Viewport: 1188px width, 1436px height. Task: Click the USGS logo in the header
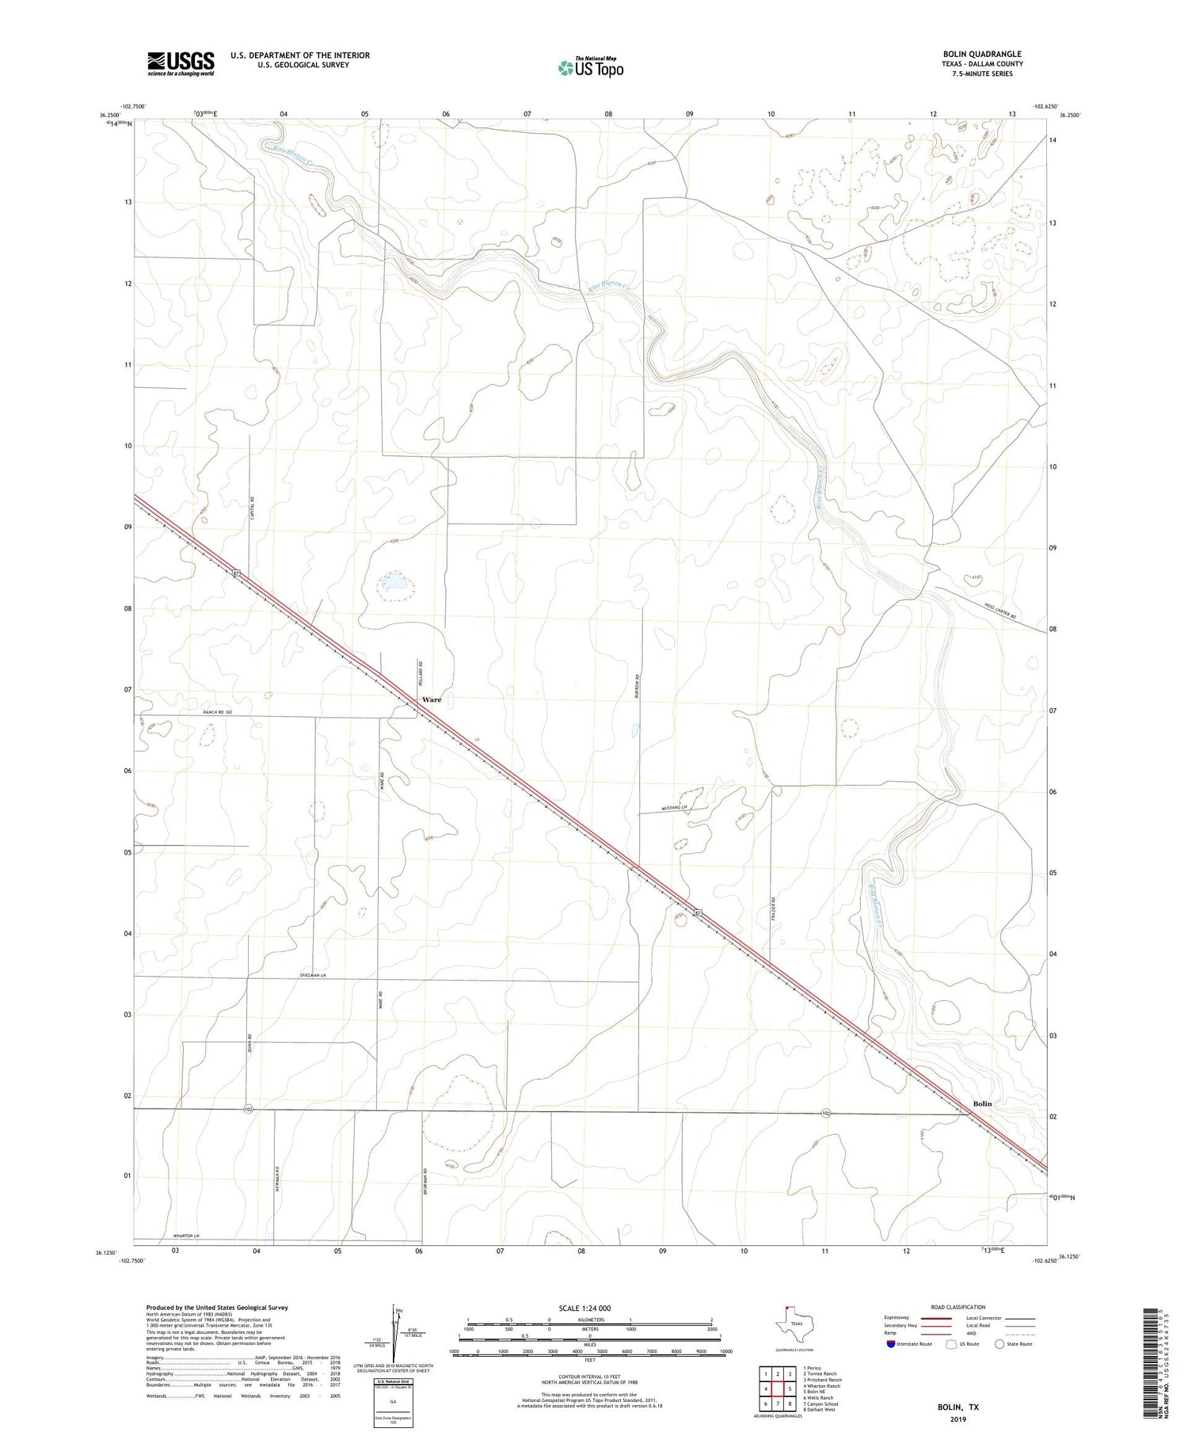click(181, 63)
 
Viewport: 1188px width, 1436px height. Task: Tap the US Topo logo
click(590, 68)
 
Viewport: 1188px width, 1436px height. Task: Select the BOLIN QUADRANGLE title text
click(981, 54)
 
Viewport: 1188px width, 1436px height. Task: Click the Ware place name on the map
click(432, 700)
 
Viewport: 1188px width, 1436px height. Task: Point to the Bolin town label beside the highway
click(982, 1103)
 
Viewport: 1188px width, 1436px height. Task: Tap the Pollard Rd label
click(421, 673)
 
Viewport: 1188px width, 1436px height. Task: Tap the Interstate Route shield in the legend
click(890, 1344)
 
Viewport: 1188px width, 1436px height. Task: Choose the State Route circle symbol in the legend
click(1000, 1344)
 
